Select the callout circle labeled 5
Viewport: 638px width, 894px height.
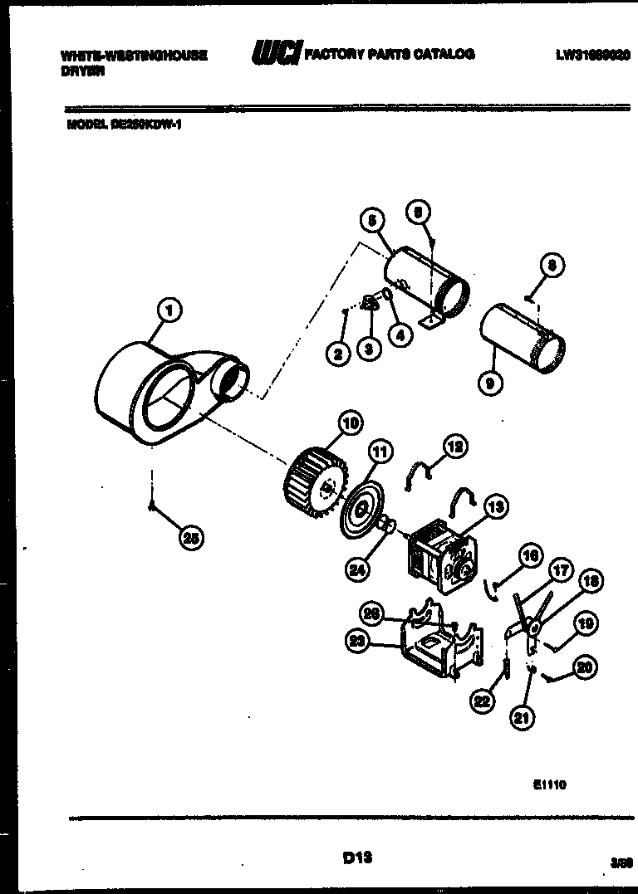(371, 220)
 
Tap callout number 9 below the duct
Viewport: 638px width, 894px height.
(490, 383)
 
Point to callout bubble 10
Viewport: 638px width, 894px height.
(350, 424)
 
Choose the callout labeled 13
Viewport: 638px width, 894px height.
(496, 506)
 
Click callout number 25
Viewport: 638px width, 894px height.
(191, 538)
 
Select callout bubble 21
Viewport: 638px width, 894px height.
(521, 718)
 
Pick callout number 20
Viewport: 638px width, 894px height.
(585, 665)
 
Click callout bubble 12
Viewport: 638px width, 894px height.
(454, 447)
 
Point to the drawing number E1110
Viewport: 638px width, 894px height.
(549, 783)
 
